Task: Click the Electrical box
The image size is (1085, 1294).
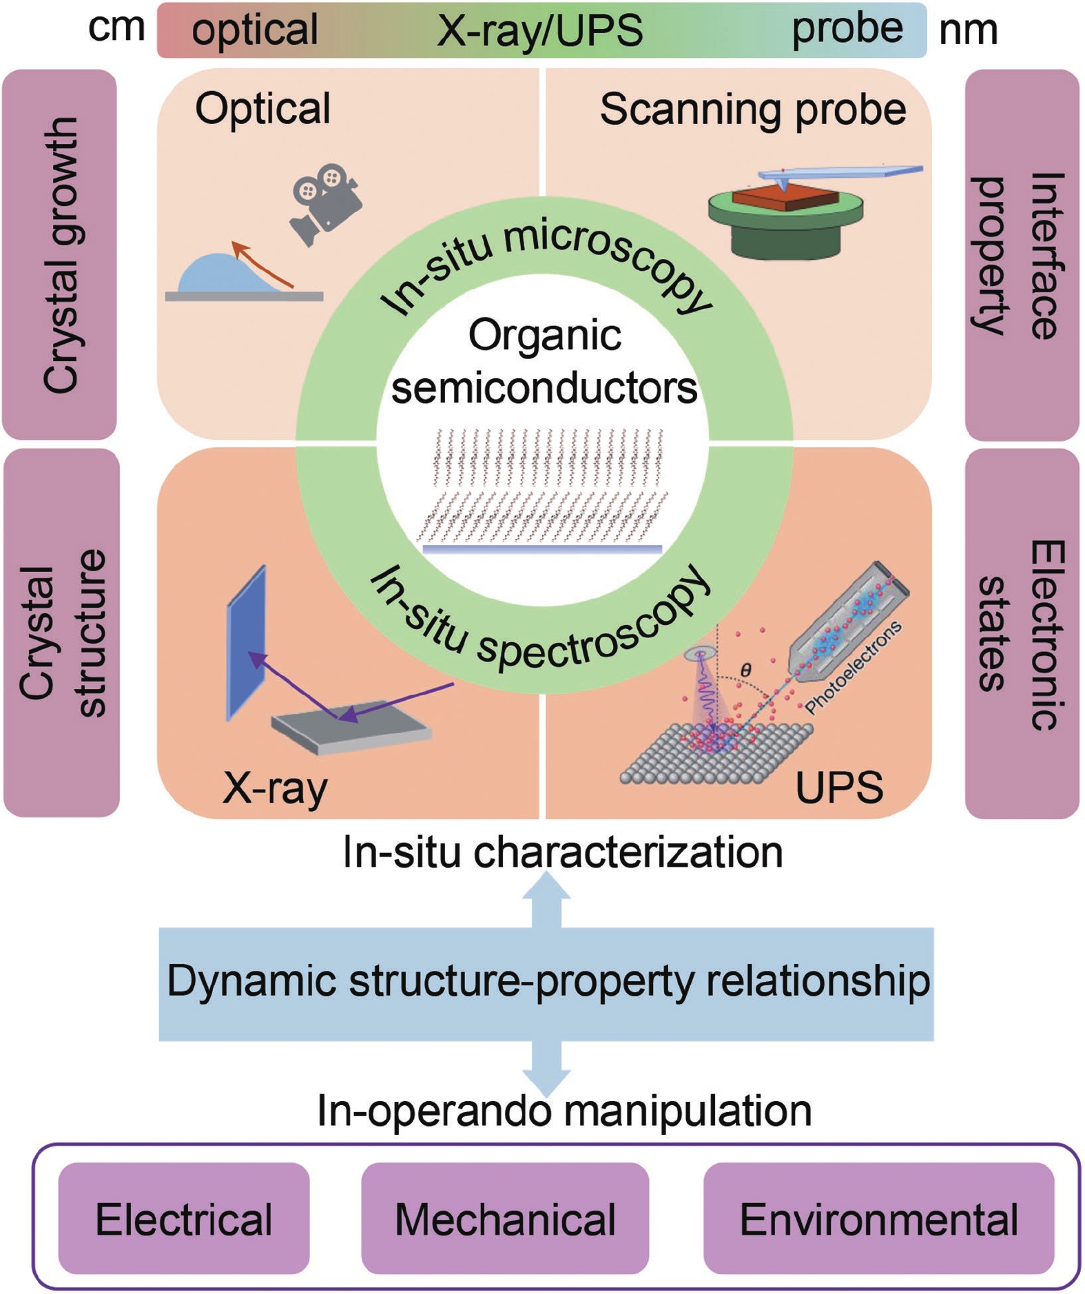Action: point(183,1218)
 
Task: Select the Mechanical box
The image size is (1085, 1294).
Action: point(504,1218)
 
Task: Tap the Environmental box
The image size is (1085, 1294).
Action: point(878,1218)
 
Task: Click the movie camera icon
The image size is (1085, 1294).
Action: point(325,202)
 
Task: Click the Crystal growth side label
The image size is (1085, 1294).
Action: point(60,254)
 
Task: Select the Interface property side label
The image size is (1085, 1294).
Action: point(1022,254)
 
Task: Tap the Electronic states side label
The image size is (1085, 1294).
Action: point(1022,633)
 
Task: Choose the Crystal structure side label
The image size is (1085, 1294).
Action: point(61,633)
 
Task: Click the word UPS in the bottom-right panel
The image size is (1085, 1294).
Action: point(838,787)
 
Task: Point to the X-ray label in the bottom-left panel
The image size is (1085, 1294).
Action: point(275,787)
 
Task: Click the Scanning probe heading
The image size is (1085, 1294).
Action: point(752,109)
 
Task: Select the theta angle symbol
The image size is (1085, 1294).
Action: point(745,669)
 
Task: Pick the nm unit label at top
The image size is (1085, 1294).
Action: point(968,30)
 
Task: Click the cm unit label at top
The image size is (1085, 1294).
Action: point(116,28)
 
